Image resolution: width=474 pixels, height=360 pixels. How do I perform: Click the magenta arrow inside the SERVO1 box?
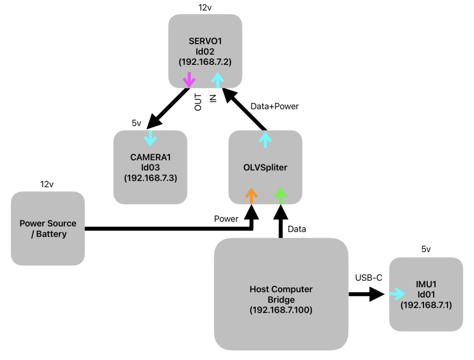[188, 80]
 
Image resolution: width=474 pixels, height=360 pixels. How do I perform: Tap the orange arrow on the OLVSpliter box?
[251, 196]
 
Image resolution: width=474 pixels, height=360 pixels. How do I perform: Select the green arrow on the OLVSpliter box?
[280, 196]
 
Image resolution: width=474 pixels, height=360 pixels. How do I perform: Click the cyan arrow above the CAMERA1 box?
[150, 136]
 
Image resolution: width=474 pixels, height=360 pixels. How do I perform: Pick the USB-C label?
[368, 278]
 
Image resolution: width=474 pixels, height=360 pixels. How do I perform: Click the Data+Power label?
[274, 106]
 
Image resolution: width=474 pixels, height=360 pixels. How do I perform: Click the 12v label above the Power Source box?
[47, 184]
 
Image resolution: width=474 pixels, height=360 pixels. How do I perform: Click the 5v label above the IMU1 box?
[426, 249]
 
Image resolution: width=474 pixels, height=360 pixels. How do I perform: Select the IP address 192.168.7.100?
[281, 309]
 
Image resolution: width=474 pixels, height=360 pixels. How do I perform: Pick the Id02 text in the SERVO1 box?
[206, 51]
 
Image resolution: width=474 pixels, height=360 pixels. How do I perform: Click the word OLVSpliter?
[265, 167]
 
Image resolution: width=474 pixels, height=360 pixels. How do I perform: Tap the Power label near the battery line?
[226, 219]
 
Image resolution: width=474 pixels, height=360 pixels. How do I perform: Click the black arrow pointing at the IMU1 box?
[368, 294]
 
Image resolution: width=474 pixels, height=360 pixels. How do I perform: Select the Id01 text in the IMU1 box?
[426, 294]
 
